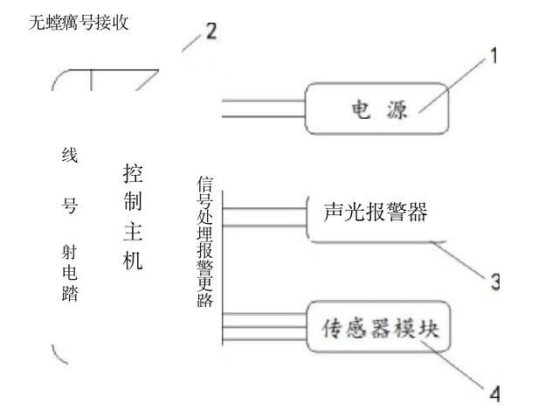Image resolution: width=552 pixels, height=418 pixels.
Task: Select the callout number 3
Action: coord(493,282)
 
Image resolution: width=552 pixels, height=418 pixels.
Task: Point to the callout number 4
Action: coord(494,393)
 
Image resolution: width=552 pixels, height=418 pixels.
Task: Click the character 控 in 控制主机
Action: coord(132,171)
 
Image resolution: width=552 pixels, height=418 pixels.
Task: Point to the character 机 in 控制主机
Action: coord(132,261)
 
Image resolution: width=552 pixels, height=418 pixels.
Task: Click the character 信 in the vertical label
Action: coord(206,184)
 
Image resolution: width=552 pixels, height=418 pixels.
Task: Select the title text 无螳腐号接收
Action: coord(79,23)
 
